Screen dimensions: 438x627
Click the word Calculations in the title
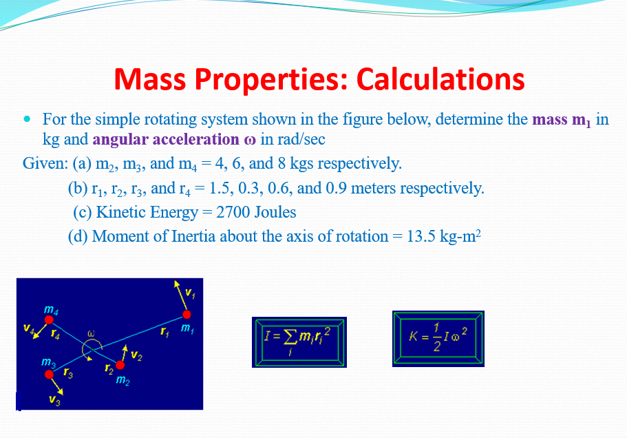(x=440, y=80)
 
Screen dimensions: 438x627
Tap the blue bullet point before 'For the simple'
(x=28, y=119)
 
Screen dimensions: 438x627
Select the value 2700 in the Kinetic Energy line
(x=233, y=212)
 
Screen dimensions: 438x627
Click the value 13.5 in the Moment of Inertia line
(x=423, y=236)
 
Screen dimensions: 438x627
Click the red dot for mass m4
(x=50, y=320)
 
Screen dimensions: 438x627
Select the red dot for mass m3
(x=49, y=374)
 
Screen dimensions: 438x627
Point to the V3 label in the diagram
(x=54, y=401)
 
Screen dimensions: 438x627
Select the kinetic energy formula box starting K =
(x=438, y=338)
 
